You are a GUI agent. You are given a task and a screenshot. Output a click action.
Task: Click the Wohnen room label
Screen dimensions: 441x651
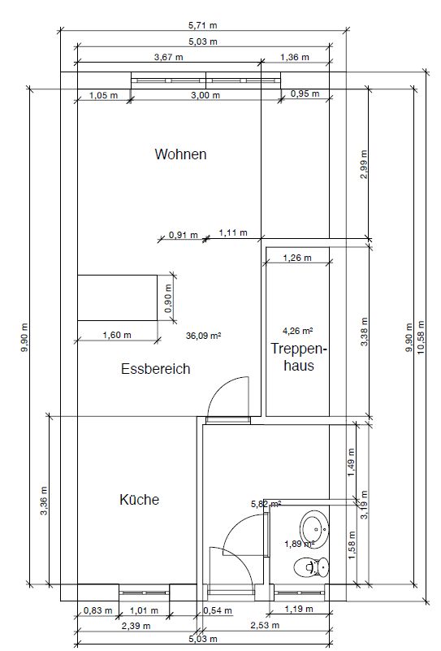180,154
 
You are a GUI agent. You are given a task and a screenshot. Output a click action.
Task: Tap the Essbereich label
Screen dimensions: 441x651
156,369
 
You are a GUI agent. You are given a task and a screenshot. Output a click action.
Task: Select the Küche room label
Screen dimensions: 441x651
140,500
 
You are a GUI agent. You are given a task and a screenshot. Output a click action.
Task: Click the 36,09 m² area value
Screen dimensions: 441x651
203,336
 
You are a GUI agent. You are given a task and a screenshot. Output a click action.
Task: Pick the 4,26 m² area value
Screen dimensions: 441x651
298,331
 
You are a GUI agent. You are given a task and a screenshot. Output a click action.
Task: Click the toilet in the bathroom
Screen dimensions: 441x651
311,567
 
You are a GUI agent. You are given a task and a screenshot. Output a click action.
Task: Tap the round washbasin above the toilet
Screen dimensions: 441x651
314,528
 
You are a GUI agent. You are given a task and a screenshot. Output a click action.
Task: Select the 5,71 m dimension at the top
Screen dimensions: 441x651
203,25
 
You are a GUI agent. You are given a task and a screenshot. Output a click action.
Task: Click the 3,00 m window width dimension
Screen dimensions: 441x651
205,95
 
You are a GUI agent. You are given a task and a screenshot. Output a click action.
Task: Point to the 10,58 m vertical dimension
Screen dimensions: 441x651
422,337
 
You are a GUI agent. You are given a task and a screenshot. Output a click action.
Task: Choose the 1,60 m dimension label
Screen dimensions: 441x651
117,335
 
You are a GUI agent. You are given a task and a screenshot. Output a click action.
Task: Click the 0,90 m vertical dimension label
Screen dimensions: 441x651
167,298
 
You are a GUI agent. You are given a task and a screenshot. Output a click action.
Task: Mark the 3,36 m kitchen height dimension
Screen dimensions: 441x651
44,501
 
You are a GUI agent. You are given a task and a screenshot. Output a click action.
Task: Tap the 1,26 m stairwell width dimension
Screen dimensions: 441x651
297,258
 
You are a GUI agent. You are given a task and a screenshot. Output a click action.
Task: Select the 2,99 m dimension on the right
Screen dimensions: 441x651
363,164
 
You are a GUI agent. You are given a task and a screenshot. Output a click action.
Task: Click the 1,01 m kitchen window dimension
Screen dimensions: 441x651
144,610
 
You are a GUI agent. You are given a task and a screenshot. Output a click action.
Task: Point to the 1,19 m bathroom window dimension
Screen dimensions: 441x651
299,609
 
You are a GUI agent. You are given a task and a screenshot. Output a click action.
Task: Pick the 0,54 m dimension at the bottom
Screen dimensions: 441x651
218,610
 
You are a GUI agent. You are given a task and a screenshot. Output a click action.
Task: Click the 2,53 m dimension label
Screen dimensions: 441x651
265,625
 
